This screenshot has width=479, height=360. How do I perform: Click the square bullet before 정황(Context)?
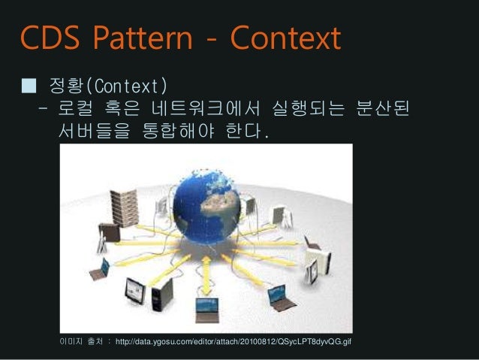click(28, 82)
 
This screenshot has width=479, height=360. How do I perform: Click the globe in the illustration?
click(206, 209)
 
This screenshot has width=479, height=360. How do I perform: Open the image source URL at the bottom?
click(233, 343)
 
